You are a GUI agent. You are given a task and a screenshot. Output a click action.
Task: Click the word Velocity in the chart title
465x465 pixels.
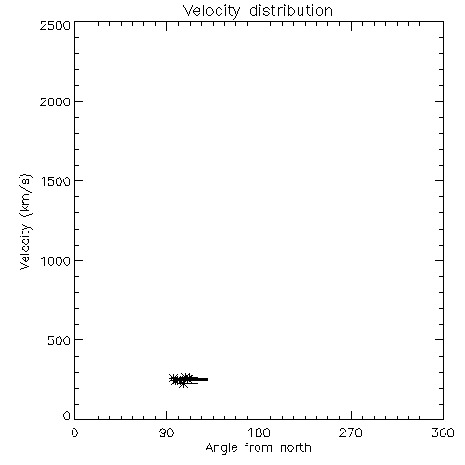coord(211,11)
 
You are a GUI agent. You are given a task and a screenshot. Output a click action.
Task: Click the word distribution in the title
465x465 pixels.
coord(291,10)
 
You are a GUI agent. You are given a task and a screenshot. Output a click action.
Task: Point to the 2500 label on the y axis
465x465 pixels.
coord(55,25)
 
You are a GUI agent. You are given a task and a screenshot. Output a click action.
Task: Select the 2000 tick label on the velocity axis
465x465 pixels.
coord(55,101)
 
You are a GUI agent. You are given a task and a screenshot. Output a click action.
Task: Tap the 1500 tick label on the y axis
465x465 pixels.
coord(56,181)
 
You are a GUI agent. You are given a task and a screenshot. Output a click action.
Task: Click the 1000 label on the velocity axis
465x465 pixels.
coord(56,261)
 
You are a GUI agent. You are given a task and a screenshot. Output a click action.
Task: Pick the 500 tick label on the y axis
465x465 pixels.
coord(59,340)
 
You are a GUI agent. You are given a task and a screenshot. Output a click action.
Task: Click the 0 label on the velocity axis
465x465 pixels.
coord(67,416)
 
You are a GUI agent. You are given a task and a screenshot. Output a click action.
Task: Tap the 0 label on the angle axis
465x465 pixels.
coord(74,432)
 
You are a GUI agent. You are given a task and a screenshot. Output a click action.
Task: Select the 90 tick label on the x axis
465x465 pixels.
coord(166,432)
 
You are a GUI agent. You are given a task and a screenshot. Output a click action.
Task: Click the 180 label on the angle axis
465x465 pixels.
coord(259,432)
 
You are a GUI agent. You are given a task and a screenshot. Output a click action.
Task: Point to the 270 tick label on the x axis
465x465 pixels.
coord(351,432)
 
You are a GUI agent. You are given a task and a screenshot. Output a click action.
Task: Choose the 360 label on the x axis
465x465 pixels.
coord(443,432)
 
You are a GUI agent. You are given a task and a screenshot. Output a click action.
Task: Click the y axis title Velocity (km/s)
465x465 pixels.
coord(25,222)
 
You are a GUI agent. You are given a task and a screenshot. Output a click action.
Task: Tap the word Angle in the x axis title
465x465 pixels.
coord(221,448)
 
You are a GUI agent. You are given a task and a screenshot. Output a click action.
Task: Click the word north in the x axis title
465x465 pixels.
coord(296,447)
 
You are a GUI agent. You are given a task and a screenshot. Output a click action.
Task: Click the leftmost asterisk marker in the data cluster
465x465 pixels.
coord(174,379)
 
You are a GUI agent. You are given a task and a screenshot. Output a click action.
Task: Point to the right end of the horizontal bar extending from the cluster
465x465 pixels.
coord(207,379)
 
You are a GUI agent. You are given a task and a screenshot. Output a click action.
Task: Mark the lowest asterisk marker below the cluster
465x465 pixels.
coord(183,383)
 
